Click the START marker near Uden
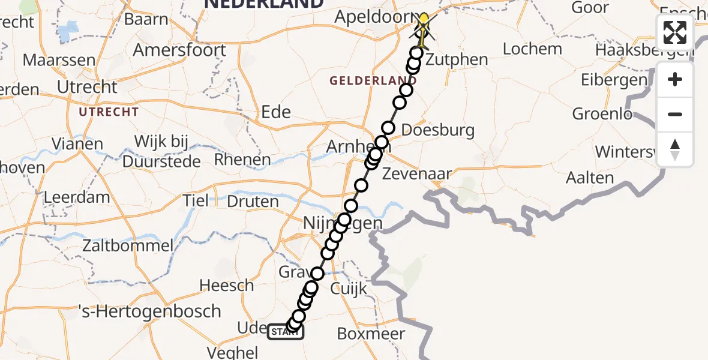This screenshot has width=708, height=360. click(286, 332)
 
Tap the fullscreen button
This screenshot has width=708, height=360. click(675, 32)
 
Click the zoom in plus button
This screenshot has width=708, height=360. click(675, 79)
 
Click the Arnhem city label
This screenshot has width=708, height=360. click(351, 146)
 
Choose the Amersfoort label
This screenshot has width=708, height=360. click(179, 49)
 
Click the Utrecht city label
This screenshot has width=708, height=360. click(87, 87)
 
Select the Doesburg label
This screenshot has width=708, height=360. click(437, 130)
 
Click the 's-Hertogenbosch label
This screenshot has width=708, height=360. click(150, 311)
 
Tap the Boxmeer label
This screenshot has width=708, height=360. click(371, 334)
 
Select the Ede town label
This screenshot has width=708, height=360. click(276, 112)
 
